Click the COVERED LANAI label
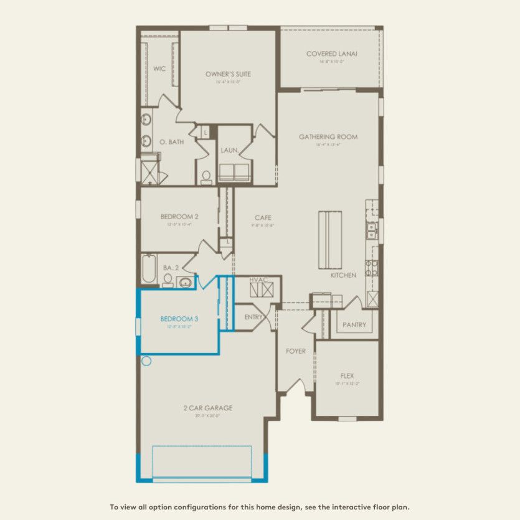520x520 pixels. click(x=331, y=54)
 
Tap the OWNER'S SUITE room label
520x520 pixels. click(x=228, y=74)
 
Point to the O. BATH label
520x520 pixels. click(x=171, y=142)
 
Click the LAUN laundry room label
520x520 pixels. click(x=228, y=151)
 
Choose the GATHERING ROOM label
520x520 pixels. click(x=328, y=136)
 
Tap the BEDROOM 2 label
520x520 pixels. click(x=179, y=217)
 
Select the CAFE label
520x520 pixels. click(x=263, y=217)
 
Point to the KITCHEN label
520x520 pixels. click(x=343, y=275)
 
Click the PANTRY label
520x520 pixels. click(x=354, y=325)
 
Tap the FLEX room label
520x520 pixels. click(x=347, y=376)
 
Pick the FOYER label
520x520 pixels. click(x=296, y=351)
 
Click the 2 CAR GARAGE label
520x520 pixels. click(x=208, y=408)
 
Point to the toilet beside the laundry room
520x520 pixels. click(x=206, y=177)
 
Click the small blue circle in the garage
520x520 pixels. click(x=147, y=361)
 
